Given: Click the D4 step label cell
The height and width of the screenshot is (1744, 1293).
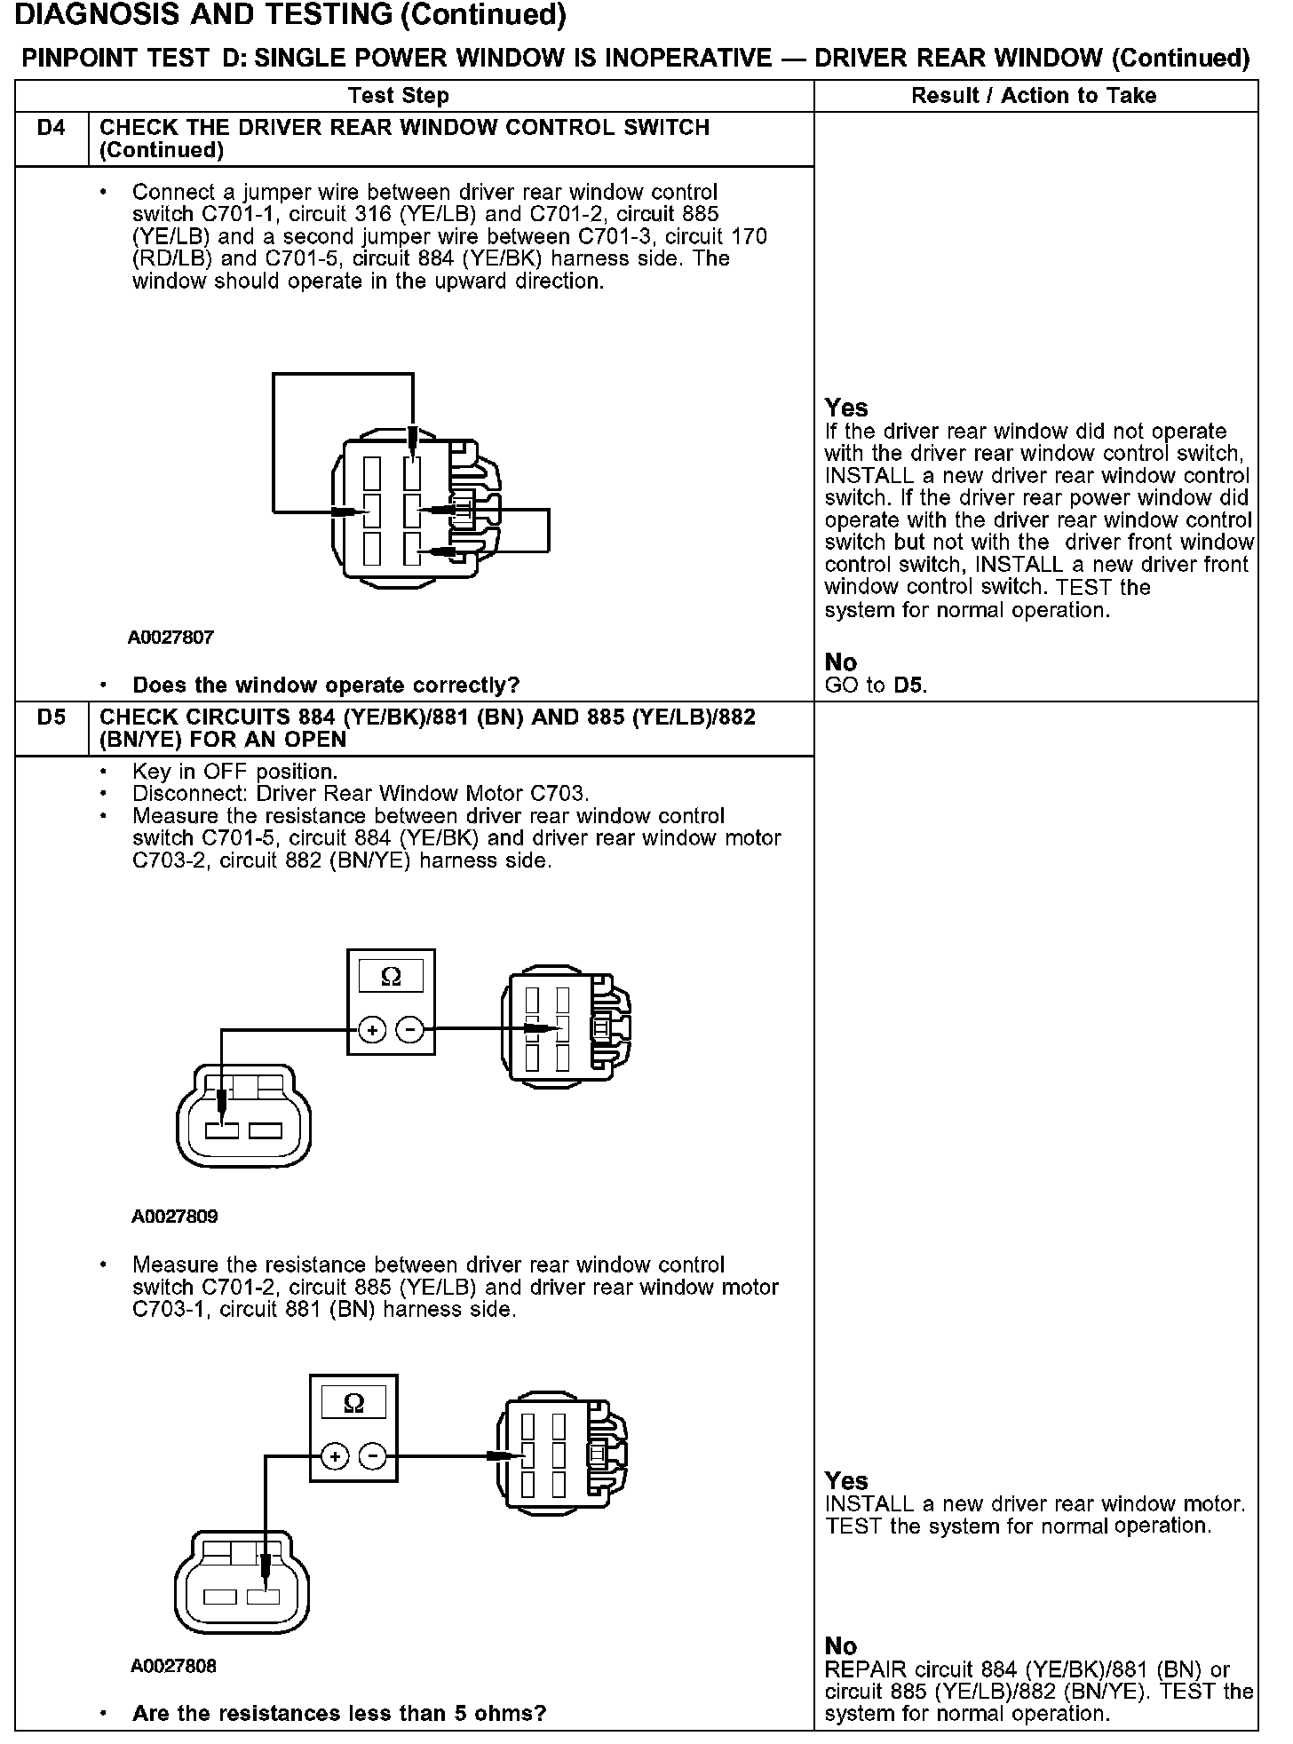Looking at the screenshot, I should coord(52,128).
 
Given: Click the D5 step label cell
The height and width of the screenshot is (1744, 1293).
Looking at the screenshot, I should coord(52,717).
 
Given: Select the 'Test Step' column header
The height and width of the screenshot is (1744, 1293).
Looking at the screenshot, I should coord(398,96).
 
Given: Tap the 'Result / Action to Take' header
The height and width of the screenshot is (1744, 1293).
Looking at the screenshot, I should coord(1034,96).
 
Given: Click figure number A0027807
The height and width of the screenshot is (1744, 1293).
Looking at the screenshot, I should coord(171,638).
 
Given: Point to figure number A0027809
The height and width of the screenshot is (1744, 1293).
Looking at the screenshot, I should coord(174,1217).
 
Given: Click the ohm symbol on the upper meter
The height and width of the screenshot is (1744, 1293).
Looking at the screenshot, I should coord(391,978).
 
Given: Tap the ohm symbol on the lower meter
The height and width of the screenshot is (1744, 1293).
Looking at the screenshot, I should coord(353,1403).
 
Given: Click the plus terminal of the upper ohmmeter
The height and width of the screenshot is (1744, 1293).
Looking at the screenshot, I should coord(372,1030).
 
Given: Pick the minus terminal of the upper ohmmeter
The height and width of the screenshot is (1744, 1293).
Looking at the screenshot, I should coord(409,1030).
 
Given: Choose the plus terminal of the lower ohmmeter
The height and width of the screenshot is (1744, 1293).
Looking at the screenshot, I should coord(335,1456).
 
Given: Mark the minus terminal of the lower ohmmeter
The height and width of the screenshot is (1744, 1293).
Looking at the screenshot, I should coord(372,1456).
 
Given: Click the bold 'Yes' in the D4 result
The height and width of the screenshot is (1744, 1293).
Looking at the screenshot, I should coord(845,408).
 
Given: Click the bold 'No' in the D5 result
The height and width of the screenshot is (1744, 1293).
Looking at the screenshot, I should coord(840,1646).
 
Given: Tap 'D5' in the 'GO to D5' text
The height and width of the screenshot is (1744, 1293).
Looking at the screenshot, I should coord(908,686).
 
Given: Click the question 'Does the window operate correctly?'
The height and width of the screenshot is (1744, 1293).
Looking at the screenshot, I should coord(325,686).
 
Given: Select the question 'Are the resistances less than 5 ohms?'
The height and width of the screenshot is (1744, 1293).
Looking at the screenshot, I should coord(338,1713).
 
